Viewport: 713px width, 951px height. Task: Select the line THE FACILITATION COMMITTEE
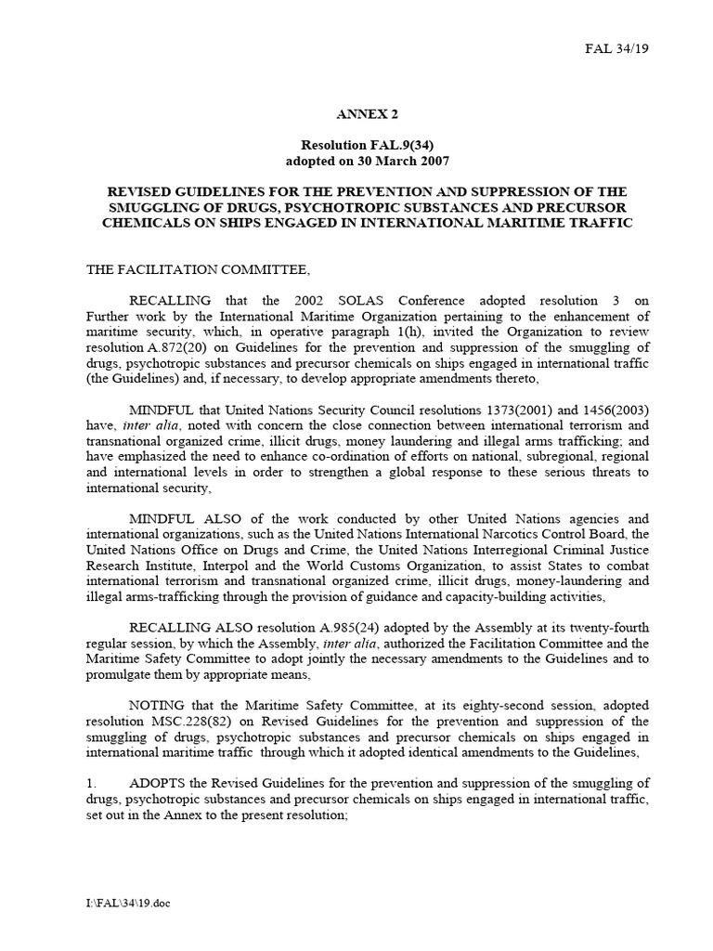[x=198, y=269]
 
